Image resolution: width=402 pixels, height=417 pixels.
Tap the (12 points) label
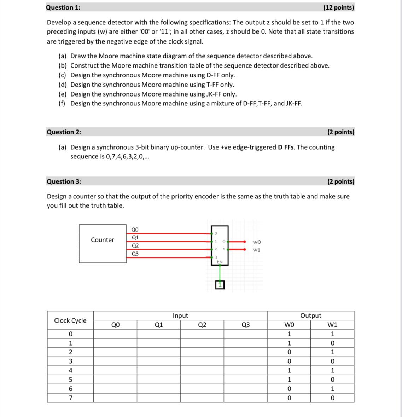tap(338, 7)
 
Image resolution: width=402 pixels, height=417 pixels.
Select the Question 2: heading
tap(64, 132)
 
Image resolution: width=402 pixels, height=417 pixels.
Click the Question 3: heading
tap(64, 181)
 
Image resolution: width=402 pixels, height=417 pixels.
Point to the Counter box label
tap(103, 240)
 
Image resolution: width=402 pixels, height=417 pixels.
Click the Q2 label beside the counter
tap(135, 245)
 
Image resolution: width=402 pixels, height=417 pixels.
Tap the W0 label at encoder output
tap(257, 242)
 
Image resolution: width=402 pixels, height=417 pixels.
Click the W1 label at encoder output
tap(257, 250)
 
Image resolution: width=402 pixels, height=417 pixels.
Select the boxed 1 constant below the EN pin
tap(220, 285)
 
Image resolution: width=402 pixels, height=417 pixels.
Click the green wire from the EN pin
tap(220, 272)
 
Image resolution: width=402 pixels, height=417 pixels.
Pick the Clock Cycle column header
tap(70, 320)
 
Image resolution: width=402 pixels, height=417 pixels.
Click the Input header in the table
tap(180, 315)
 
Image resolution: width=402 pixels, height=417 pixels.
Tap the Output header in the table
tap(311, 315)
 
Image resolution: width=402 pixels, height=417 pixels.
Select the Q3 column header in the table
tap(245, 325)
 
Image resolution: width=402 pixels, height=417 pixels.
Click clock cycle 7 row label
tap(70, 398)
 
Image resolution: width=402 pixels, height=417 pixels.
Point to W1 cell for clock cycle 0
tap(332, 334)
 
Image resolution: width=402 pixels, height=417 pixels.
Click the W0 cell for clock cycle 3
tap(289, 361)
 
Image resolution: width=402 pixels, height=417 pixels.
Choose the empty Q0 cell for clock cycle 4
tap(115, 371)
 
